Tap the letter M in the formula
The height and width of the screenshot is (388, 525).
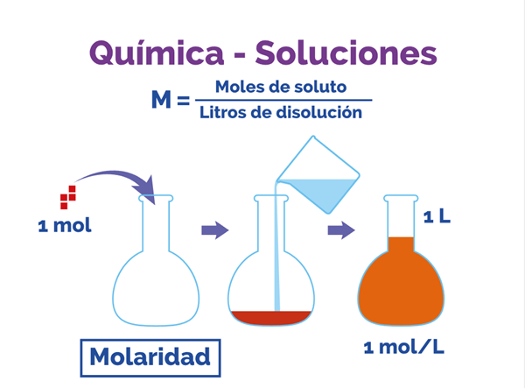pyautogui.click(x=161, y=100)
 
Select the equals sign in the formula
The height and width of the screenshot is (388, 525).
pyautogui.click(x=183, y=101)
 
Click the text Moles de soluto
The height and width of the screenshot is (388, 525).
pyautogui.click(x=280, y=87)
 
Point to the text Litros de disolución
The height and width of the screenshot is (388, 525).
pyautogui.click(x=280, y=112)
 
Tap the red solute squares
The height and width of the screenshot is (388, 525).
pyautogui.click(x=67, y=198)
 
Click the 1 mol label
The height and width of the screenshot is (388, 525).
pyautogui.click(x=65, y=226)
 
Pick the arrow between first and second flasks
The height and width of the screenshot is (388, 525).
pyautogui.click(x=214, y=230)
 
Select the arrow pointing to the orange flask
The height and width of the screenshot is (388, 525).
pyautogui.click(x=340, y=230)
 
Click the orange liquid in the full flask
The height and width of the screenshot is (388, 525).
pyautogui.click(x=402, y=280)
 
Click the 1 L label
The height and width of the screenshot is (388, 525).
pyautogui.click(x=437, y=215)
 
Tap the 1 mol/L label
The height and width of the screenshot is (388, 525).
pyautogui.click(x=403, y=347)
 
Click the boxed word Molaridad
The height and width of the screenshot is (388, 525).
pyautogui.click(x=150, y=357)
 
